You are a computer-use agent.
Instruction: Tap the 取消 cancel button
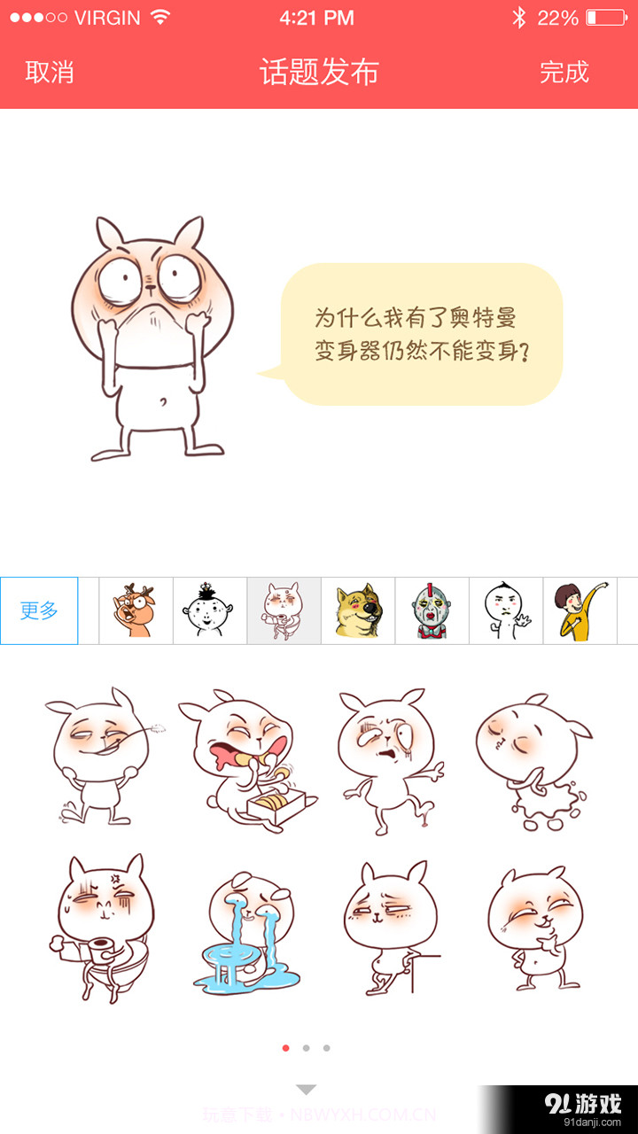(50, 73)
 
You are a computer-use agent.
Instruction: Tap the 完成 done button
(564, 73)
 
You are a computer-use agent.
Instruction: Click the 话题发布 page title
(319, 73)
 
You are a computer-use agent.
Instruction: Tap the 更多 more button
(39, 610)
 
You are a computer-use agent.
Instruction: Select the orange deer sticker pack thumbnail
(135, 610)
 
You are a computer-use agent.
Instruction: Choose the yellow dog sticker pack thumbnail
(358, 610)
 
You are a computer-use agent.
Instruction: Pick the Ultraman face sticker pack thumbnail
(432, 610)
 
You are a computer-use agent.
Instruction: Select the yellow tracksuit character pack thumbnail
(580, 610)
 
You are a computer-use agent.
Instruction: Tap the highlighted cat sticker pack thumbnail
(284, 610)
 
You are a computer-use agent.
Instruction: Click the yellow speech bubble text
(422, 334)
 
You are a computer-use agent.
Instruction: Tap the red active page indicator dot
(285, 1048)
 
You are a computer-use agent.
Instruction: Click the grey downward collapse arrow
(306, 1090)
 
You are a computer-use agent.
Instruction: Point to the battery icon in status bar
(605, 18)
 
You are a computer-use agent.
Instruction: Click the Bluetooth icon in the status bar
(519, 18)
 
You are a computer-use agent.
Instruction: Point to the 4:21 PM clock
(316, 18)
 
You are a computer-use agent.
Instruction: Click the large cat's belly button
(163, 402)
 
